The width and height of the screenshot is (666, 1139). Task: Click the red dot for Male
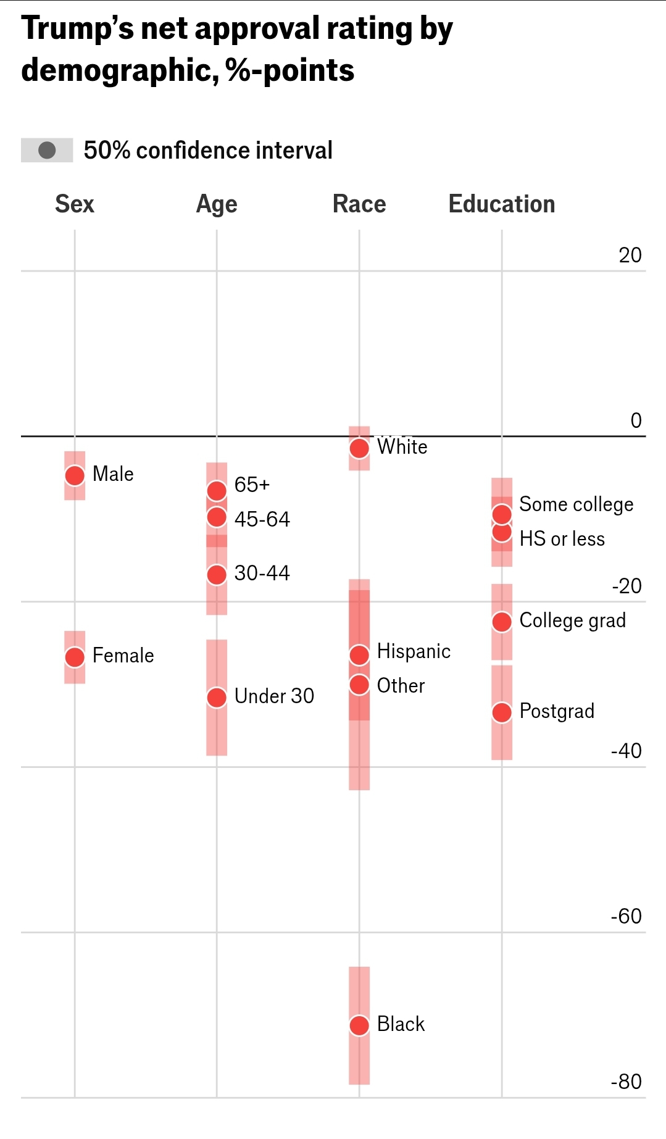[75, 475]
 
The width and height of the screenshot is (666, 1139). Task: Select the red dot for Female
[75, 657]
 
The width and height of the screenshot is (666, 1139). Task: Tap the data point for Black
[359, 1025]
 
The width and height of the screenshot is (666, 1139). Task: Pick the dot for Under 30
[217, 698]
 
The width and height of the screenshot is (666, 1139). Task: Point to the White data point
[359, 448]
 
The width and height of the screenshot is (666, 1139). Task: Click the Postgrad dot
[502, 712]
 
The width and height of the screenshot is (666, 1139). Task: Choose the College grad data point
[502, 622]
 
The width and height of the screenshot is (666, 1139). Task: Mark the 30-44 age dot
[217, 574]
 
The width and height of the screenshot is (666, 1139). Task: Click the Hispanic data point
[359, 654]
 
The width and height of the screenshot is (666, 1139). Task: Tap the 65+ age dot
[217, 491]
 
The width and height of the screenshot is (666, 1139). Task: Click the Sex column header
[75, 204]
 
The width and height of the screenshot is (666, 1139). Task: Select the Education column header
[501, 204]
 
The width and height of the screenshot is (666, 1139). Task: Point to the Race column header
[359, 204]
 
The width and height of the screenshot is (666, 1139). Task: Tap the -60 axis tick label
[626, 916]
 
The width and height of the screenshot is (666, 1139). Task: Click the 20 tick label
[630, 255]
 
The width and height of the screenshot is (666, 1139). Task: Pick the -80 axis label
[626, 1082]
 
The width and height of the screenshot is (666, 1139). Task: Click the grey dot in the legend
[47, 150]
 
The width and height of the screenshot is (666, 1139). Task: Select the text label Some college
[576, 504]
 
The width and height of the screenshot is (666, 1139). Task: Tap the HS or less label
[562, 539]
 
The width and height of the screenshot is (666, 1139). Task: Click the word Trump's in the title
[77, 28]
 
